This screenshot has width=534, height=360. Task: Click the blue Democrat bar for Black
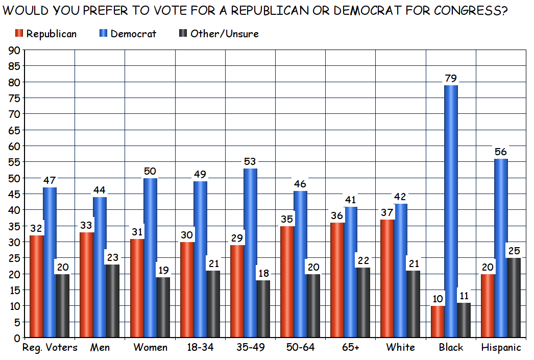tap(451, 211)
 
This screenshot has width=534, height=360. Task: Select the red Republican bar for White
tap(387, 278)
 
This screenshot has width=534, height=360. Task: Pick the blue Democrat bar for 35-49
tap(250, 253)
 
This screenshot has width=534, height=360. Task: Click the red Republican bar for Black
tap(438, 322)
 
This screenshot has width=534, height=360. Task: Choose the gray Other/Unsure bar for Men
tap(112, 301)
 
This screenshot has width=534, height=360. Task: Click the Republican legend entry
tap(46, 34)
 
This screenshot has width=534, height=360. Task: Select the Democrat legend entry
tap(128, 34)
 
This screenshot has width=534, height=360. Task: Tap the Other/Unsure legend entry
tap(219, 34)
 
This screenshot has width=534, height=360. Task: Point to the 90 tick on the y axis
tap(14, 50)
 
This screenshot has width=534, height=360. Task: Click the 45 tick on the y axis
tap(14, 194)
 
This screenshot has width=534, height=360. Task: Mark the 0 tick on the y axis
tap(17, 338)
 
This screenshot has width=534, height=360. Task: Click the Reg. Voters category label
tap(50, 348)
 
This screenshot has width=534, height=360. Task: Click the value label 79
tap(450, 79)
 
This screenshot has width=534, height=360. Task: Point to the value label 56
tap(500, 152)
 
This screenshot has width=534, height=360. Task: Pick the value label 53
tap(250, 162)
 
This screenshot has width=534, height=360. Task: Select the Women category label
tap(150, 348)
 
